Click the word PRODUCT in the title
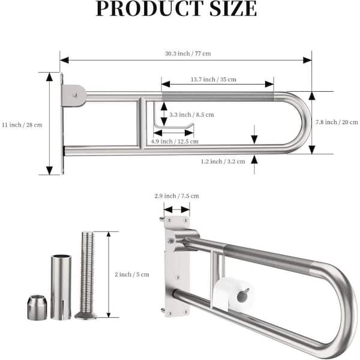[x=149, y=8]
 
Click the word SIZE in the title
[x=233, y=8]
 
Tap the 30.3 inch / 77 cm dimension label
[x=188, y=54]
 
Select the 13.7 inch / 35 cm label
[x=213, y=79]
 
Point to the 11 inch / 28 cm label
[x=22, y=125]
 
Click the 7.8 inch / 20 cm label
[x=337, y=122]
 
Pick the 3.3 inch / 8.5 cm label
[x=192, y=115]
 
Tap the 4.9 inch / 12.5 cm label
[x=175, y=142]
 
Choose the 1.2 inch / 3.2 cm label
[x=223, y=161]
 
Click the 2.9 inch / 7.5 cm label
[x=176, y=196]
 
